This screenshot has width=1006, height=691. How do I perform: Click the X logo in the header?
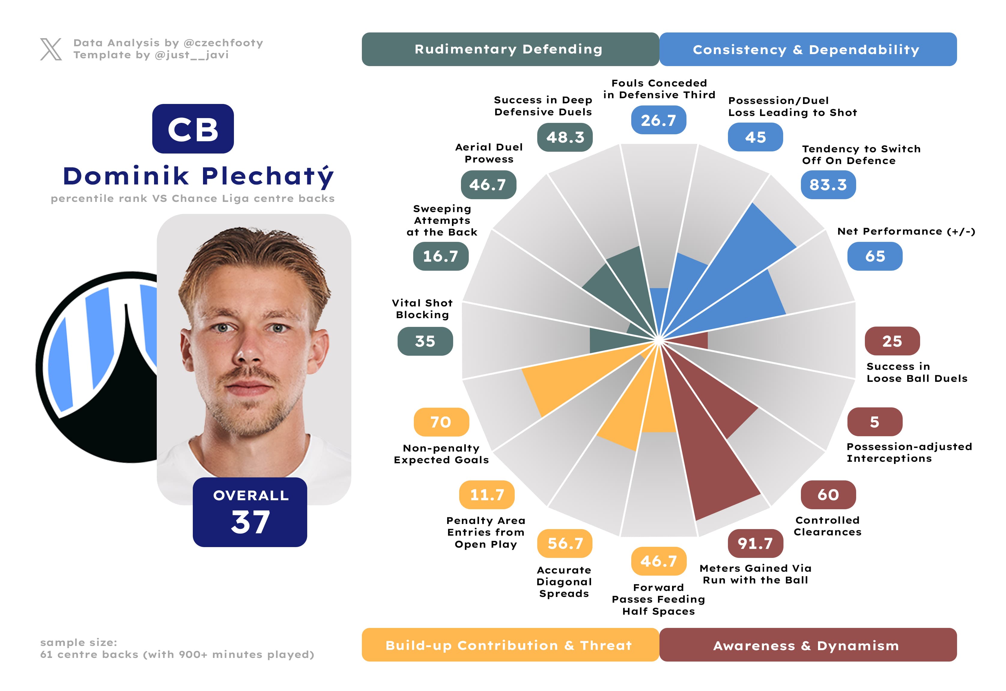click(x=51, y=49)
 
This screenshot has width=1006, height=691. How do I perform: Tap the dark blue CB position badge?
click(x=193, y=129)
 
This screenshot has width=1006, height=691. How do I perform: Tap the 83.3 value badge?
click(x=828, y=185)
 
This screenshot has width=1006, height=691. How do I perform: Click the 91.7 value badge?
click(x=755, y=543)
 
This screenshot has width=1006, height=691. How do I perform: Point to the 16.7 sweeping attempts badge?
click(x=441, y=256)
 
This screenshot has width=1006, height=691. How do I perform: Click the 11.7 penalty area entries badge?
click(x=487, y=495)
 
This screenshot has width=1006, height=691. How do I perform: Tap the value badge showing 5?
click(x=875, y=422)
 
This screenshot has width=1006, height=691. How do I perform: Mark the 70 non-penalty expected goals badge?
click(x=441, y=422)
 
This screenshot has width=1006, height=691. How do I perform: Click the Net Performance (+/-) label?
click(x=906, y=231)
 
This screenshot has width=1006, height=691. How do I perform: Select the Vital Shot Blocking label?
click(x=423, y=309)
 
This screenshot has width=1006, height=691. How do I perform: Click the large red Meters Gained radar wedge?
click(x=714, y=467)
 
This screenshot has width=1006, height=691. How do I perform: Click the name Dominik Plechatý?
click(x=198, y=176)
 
